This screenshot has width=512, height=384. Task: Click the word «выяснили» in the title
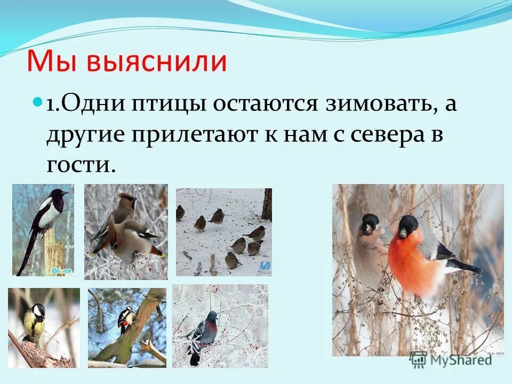(x=157, y=62)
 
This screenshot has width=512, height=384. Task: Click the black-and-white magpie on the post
(x=48, y=211)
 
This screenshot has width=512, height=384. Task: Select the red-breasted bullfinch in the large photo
(x=421, y=256)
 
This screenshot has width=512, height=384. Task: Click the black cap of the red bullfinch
(x=409, y=224)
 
